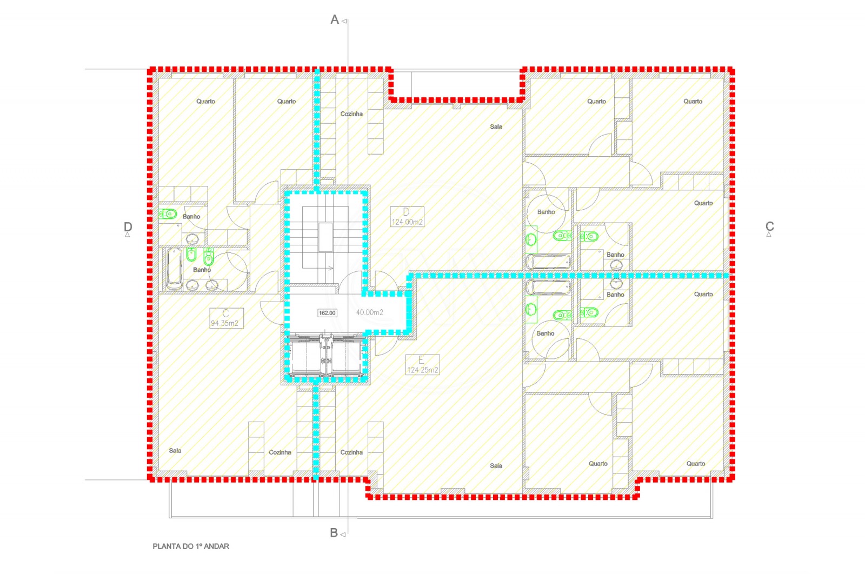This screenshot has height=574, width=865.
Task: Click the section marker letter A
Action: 335,20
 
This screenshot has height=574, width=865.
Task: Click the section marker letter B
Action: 334,533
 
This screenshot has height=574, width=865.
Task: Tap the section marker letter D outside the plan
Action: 128,227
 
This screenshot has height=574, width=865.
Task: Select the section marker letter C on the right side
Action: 769,226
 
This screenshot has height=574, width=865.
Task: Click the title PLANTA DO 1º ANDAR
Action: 191,546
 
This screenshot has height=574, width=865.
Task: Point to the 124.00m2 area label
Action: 407,222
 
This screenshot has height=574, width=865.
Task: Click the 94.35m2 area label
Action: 225,323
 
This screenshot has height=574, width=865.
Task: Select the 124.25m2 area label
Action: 422,370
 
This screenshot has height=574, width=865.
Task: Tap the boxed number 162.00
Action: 327,313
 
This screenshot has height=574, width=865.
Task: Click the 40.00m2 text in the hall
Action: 370,312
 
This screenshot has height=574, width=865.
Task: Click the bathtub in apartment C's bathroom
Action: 174,269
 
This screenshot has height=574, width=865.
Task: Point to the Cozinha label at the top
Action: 351,114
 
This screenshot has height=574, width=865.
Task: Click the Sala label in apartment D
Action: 496,126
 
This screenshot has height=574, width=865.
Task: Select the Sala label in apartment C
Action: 175,450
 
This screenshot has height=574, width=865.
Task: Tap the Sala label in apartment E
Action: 496,465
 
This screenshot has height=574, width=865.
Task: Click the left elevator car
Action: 307,356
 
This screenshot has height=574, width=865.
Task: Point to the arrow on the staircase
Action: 330,268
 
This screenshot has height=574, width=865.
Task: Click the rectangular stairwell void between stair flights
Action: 325,237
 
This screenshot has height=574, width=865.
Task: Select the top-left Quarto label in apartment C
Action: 205,101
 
